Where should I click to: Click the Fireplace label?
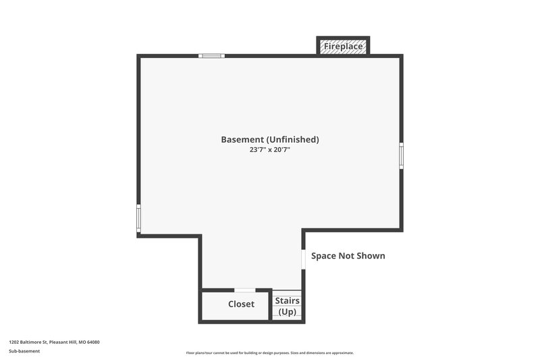coord(344,47)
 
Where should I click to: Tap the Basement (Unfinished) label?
coord(270,140)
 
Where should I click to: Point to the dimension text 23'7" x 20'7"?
coord(270,150)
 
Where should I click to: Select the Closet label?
coord(241,305)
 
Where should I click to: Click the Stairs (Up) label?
coord(288,306)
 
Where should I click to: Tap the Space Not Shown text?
coord(348,256)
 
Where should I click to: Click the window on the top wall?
coord(211,55)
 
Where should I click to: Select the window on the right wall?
coord(401,155)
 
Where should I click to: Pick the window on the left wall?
coord(139,218)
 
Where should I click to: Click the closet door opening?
coord(235,290)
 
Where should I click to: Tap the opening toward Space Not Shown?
coord(303,259)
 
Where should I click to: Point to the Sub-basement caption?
coord(24,351)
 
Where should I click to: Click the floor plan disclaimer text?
coord(270,353)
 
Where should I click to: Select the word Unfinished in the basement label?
coord(292,140)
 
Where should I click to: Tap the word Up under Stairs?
coord(288,311)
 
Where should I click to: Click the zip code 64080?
coord(93,342)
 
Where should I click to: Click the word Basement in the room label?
coord(242,140)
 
